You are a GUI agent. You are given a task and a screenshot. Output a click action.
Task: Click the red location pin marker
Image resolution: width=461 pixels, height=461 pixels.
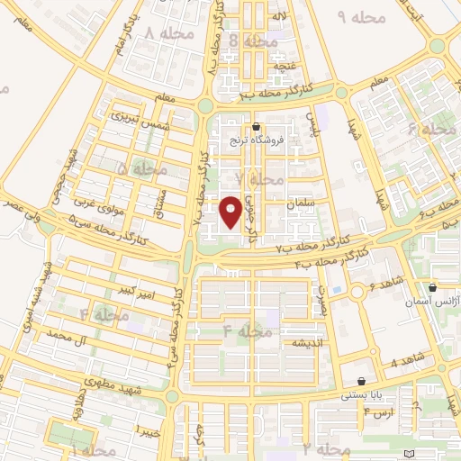(x=231, y=211)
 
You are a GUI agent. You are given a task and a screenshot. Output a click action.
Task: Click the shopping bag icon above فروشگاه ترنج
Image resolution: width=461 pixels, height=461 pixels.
(x=258, y=127)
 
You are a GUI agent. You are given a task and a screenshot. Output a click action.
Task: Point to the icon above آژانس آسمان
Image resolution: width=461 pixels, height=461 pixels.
(x=433, y=288)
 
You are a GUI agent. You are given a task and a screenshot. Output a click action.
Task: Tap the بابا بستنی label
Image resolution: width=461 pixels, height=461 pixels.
(x=361, y=394)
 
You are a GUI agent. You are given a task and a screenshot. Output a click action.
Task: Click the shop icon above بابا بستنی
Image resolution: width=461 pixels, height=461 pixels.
(x=361, y=381)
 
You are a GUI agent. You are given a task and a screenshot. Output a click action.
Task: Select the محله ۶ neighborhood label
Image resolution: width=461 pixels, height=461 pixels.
(x=432, y=130)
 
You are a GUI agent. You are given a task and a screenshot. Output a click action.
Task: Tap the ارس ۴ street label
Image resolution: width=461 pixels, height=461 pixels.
(x=379, y=412)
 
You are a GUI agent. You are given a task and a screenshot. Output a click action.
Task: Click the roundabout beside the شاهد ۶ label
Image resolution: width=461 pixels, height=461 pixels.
(x=358, y=291)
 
